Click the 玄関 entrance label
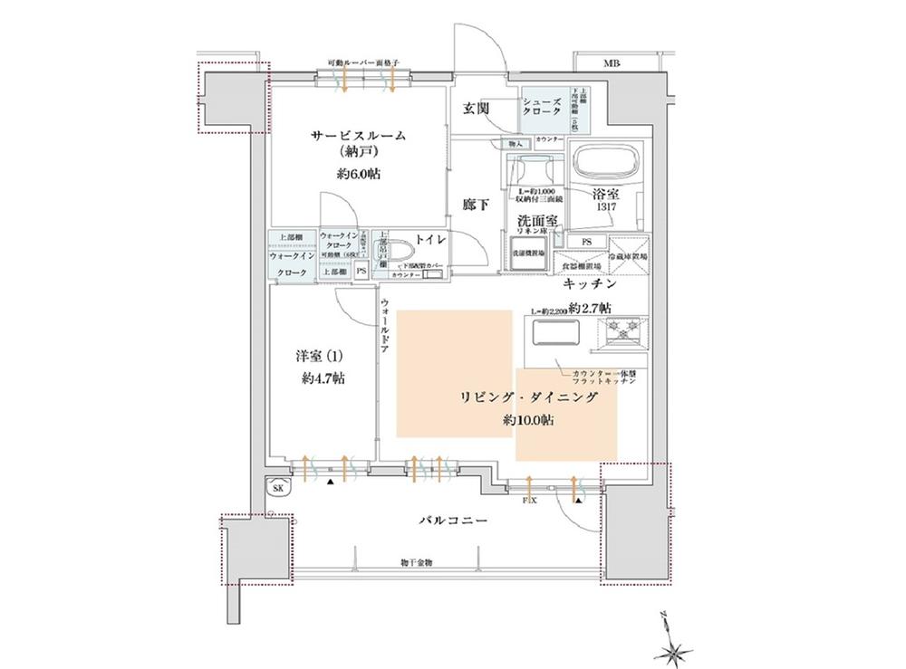click(477, 108)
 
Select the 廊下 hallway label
click(476, 205)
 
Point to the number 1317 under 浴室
click(599, 206)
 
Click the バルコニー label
click(453, 521)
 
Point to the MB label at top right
click(612, 63)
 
